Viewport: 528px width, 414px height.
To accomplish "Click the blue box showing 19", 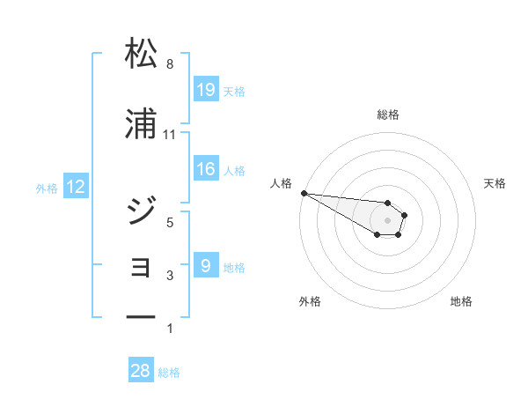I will pos(206,90).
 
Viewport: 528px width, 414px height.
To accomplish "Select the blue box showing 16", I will pos(206,170).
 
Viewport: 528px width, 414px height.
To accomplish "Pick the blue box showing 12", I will pos(76,187).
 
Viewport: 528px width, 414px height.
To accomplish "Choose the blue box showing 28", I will pos(141,371).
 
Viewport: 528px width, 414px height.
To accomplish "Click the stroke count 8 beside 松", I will pos(170,64).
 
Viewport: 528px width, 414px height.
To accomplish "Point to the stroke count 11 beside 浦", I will pos(170,135).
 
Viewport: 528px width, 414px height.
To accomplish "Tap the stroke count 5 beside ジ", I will pos(170,222).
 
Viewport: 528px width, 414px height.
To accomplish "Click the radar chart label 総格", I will pos(388,115).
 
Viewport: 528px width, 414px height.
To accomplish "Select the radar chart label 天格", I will pos(495,183).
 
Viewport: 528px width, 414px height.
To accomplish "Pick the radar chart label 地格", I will pos(461,301).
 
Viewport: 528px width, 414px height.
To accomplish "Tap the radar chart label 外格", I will pos(310,301).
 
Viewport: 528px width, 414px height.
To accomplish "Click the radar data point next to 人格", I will pos(303,193).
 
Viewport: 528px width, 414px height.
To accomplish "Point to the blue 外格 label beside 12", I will pos(47,188).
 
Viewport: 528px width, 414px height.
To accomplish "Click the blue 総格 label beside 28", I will pos(169,373).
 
